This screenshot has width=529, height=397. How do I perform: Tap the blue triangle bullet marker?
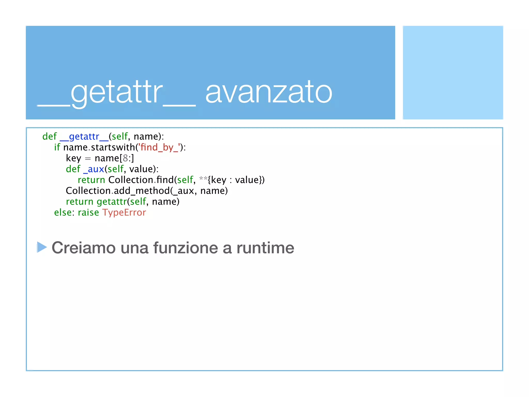pyautogui.click(x=41, y=247)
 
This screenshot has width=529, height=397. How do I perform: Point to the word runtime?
pyautogui.click(x=265, y=248)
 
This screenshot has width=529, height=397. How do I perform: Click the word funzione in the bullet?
pyautogui.click(x=186, y=248)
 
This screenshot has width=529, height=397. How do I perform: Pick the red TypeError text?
pyautogui.click(x=124, y=212)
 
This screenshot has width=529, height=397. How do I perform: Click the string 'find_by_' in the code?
pyautogui.click(x=159, y=147)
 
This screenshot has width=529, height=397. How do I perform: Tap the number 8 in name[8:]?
pyautogui.click(x=125, y=158)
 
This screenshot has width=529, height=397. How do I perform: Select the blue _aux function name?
pyautogui.click(x=94, y=169)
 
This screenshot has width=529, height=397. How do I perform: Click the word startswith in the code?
pyautogui.click(x=113, y=147)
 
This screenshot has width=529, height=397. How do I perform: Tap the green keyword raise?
pyautogui.click(x=88, y=212)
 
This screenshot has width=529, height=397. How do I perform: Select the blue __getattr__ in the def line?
pyautogui.click(x=84, y=136)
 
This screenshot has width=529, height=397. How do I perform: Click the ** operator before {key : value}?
pyautogui.click(x=203, y=179)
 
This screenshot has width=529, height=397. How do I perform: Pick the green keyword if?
pyautogui.click(x=57, y=147)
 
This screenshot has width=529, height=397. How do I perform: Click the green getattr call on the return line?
pyautogui.click(x=112, y=202)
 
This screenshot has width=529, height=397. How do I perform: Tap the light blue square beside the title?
pyautogui.click(x=453, y=72)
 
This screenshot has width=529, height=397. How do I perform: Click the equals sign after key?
pyautogui.click(x=88, y=158)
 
